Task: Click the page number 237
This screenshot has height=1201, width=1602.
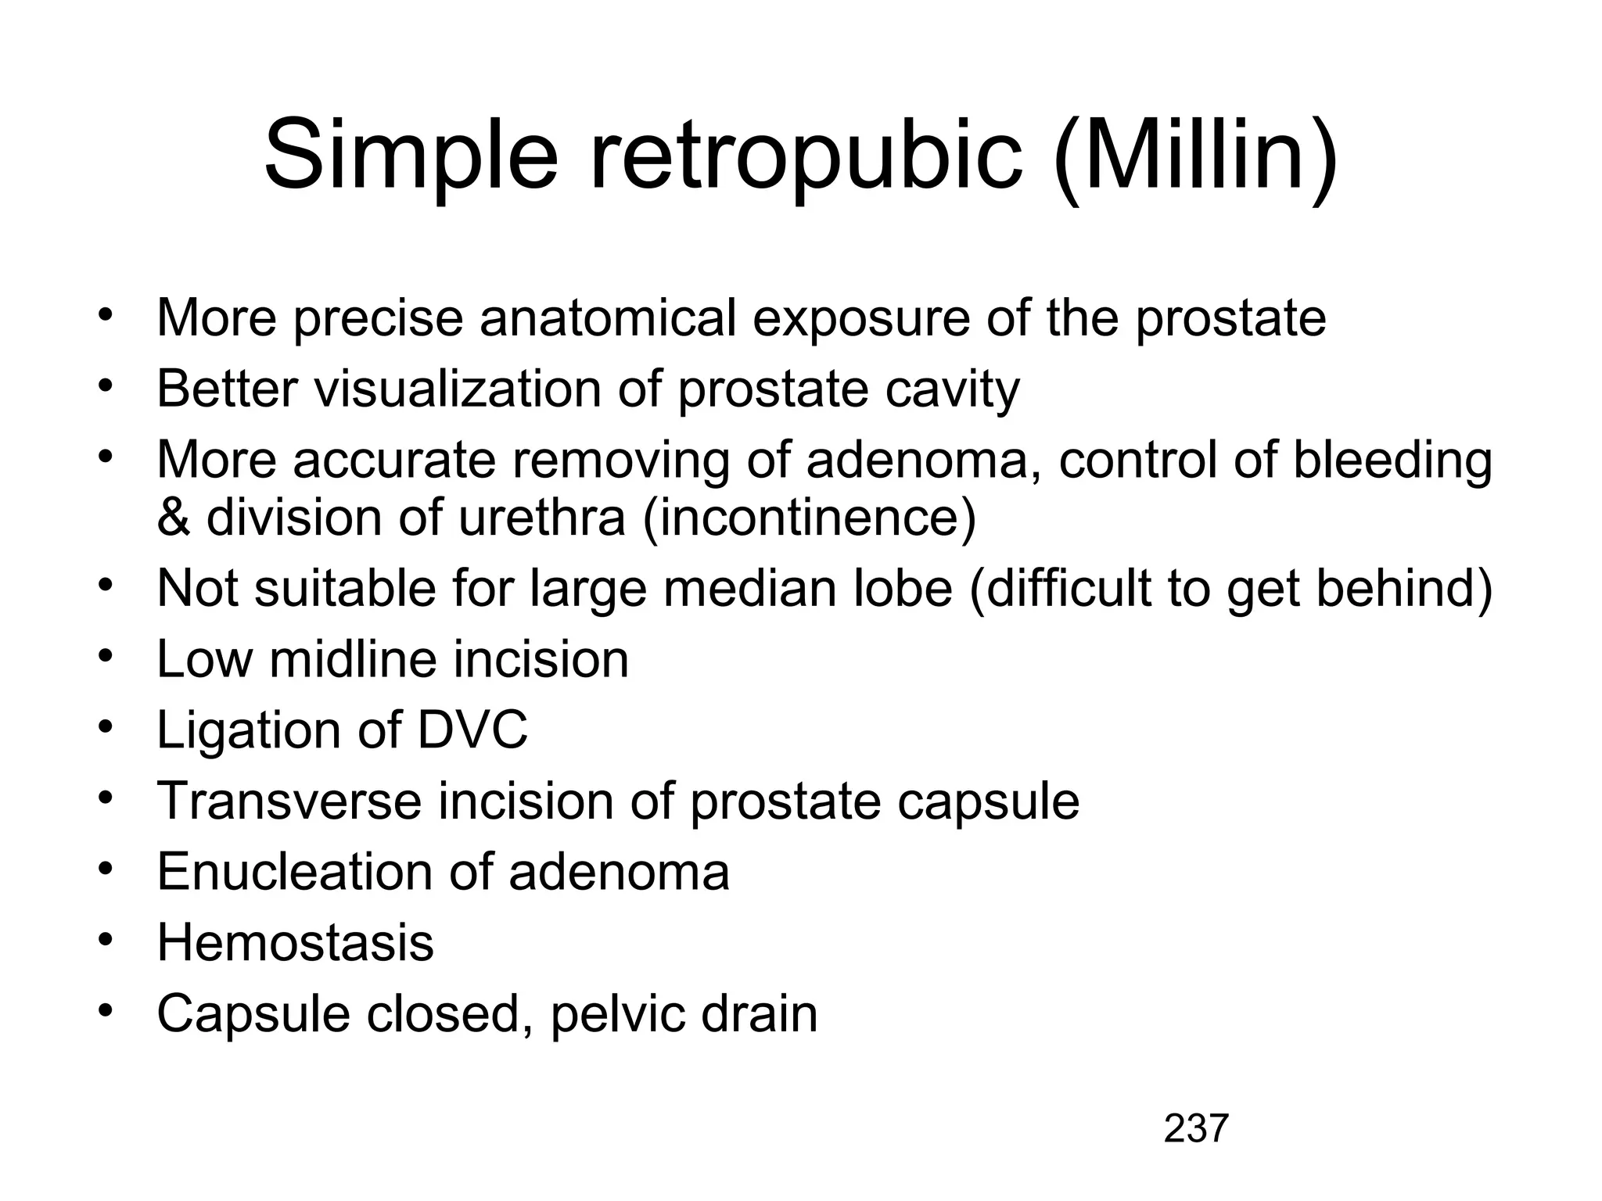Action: point(1196,1129)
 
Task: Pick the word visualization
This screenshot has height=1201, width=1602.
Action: point(458,389)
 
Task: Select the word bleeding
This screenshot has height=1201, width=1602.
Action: point(1392,461)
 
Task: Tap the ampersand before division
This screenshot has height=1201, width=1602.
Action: point(173,518)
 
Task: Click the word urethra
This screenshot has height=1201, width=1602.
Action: point(542,518)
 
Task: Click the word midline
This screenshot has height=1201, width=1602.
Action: point(354,659)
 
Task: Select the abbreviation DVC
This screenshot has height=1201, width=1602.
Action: point(472,730)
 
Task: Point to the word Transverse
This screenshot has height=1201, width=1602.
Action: point(289,801)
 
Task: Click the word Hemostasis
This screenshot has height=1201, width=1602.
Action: point(295,943)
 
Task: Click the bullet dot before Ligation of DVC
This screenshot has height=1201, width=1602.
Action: point(106,728)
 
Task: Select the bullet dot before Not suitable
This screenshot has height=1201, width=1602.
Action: point(106,586)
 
